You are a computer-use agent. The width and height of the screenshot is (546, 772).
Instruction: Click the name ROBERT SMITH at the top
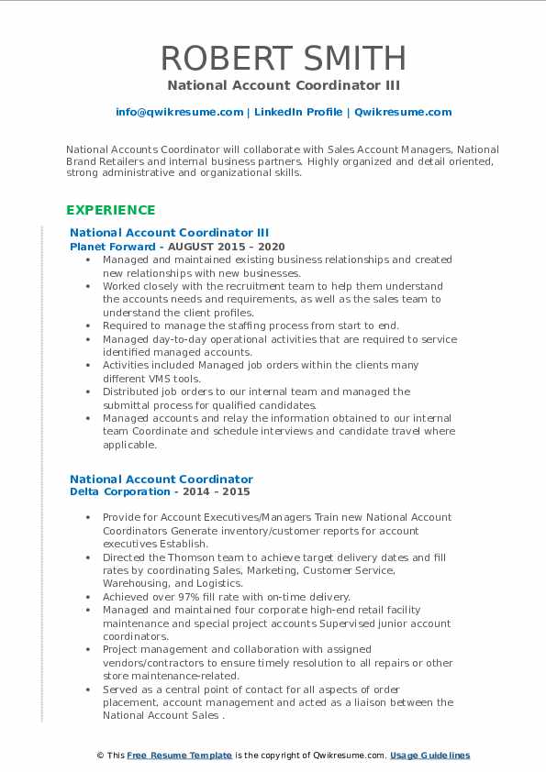pyautogui.click(x=283, y=58)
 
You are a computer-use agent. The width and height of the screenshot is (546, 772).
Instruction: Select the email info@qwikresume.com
pyautogui.click(x=179, y=112)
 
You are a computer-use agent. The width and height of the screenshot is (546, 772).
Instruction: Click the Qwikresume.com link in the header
pyautogui.click(x=403, y=112)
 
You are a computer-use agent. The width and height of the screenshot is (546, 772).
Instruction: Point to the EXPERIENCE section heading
pyautogui.click(x=110, y=209)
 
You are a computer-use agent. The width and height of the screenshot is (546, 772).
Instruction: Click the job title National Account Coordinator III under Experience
pyautogui.click(x=169, y=233)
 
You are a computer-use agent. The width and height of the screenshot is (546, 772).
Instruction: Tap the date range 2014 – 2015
pyautogui.click(x=223, y=492)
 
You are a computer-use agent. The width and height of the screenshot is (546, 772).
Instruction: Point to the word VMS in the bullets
pyautogui.click(x=162, y=378)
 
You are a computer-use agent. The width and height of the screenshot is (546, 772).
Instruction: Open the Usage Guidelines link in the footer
pyautogui.click(x=429, y=755)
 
